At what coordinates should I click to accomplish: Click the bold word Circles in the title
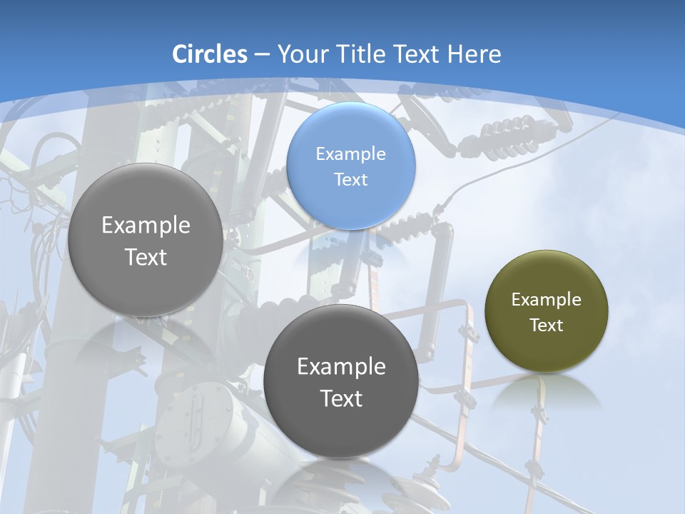tap(209, 54)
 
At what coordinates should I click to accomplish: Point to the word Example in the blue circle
tap(350, 153)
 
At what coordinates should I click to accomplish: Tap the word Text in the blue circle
tap(350, 180)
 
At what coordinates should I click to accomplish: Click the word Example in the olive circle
tap(546, 300)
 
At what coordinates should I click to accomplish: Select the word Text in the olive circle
tap(546, 326)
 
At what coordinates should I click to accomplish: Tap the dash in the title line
tap(261, 54)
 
